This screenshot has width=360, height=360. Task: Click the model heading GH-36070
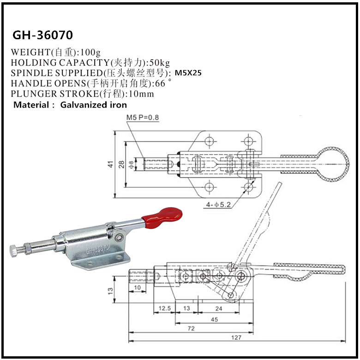[x=42, y=35]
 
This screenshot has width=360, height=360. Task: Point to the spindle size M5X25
[x=188, y=73]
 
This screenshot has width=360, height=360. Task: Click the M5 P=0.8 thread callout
[x=143, y=117]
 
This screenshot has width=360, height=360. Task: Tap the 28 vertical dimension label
[x=121, y=164]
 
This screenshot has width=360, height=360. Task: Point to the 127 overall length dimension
[x=236, y=337]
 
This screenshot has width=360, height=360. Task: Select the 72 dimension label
[x=191, y=328]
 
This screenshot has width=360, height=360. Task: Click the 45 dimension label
[x=214, y=318]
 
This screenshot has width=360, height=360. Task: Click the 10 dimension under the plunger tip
[x=137, y=288]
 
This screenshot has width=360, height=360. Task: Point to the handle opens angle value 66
[x=160, y=84]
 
